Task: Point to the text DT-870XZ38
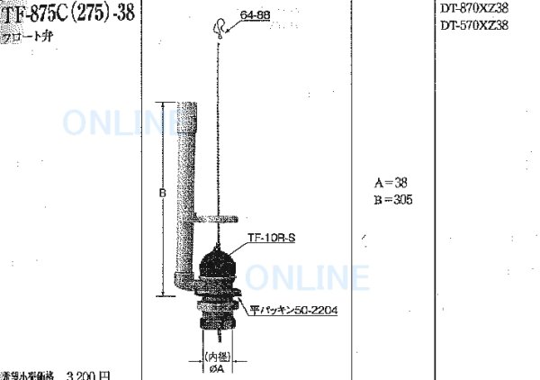[x=474, y=8]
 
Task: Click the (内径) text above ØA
[x=219, y=356]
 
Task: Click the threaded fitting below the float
[x=216, y=315]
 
